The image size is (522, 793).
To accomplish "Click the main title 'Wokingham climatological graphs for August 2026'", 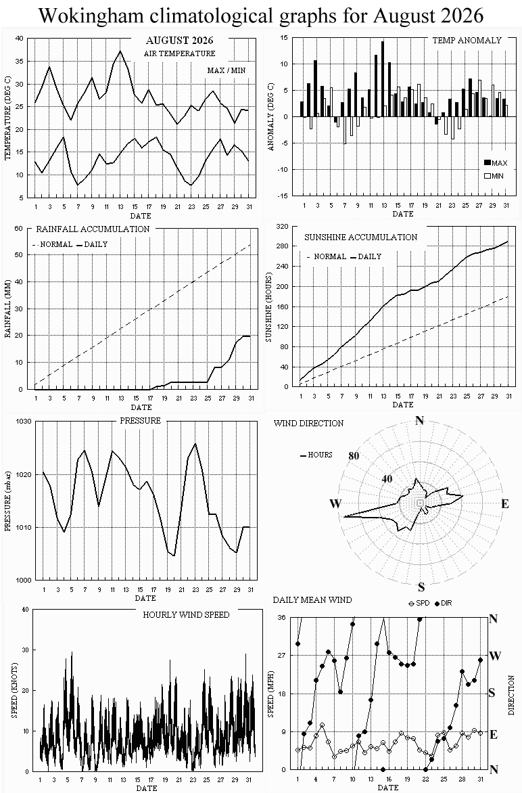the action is coord(261,16).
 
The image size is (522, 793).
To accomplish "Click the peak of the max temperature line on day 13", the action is coord(120,51).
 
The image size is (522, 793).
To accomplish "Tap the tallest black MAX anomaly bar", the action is coord(383,79).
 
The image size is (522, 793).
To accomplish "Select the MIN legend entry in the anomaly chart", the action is coord(494,176).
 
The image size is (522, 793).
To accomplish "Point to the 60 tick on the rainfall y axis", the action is coord(19,228).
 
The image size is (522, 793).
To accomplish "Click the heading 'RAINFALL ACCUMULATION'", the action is coord(93,229).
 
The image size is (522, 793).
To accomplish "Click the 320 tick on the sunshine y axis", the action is coord(283,226).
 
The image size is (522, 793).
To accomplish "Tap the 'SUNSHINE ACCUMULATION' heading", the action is coord(361,237).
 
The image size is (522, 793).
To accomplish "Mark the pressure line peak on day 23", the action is coord(195,444).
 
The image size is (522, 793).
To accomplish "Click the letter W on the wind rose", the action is coord(335,503).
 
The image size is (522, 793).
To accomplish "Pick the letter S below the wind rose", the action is coord(421,587).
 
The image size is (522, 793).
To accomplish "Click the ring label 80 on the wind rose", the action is coord(354,455).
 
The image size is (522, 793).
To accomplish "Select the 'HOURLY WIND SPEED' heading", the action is coord(186,615).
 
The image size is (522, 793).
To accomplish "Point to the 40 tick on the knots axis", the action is coord(25,609).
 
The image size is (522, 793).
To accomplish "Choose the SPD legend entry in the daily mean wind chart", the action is coord(419,604).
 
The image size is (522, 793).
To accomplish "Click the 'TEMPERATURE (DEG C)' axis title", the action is coord(7,117).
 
